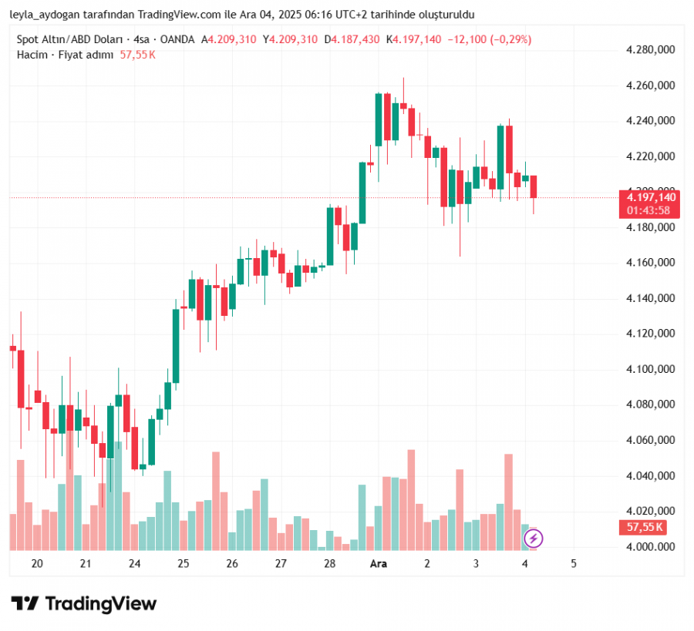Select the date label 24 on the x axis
[135, 564]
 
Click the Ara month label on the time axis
[379, 564]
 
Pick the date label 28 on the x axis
[330, 564]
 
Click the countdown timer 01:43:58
[648, 210]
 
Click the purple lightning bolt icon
[534, 539]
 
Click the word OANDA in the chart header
[179, 39]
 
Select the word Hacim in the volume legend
[32, 55]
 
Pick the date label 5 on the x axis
[574, 564]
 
